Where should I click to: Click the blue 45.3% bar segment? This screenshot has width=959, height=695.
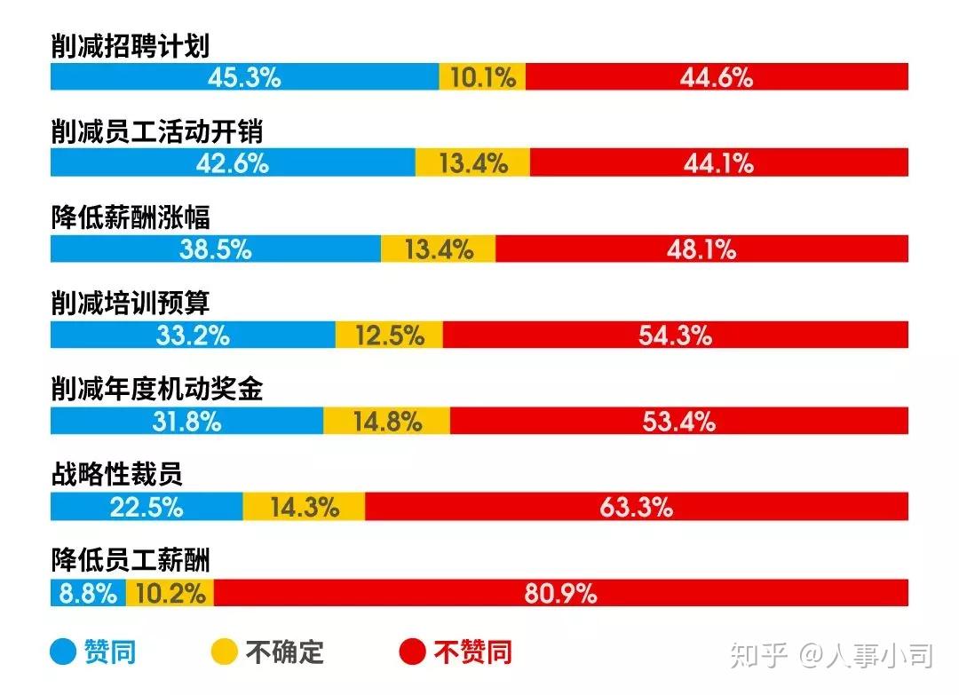click(244, 77)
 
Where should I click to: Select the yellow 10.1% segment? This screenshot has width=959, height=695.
click(482, 77)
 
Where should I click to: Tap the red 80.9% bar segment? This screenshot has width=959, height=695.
click(560, 593)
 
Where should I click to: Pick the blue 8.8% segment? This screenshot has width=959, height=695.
click(88, 593)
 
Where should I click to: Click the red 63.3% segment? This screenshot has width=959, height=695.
click(636, 507)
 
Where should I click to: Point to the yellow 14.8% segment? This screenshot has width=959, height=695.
click(386, 421)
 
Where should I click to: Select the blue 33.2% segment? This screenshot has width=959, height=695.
click(193, 335)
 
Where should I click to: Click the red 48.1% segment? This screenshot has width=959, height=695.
click(701, 249)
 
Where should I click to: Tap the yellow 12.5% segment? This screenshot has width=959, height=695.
click(389, 335)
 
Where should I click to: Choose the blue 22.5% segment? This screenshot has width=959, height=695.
click(147, 507)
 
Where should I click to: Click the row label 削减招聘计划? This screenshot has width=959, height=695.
click(131, 47)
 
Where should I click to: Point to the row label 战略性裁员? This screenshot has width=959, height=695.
click(116, 475)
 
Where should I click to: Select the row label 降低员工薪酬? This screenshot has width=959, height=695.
click(131, 560)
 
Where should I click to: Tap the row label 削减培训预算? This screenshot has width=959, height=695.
click(131, 304)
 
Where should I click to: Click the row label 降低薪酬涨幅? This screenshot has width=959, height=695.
click(131, 218)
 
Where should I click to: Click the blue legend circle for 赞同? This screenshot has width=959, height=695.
click(63, 653)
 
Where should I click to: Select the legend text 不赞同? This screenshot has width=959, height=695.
click(472, 653)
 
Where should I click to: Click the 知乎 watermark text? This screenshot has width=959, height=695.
click(758, 656)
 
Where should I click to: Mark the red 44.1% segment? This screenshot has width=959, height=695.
click(718, 163)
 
